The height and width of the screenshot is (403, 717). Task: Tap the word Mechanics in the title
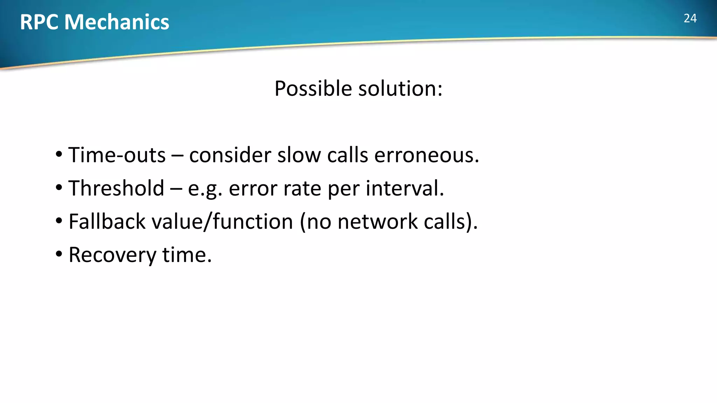pos(117,22)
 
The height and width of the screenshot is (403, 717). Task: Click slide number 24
pos(690,18)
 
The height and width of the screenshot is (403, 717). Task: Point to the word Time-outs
pos(117,155)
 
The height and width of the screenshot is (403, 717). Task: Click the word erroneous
pos(426,155)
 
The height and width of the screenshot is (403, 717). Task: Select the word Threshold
pos(116,188)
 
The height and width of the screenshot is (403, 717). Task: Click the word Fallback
pos(107,221)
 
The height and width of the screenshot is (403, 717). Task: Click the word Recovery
pos(112,255)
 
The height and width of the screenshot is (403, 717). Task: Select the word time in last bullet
pos(187,255)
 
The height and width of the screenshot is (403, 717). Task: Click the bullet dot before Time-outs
pos(59,154)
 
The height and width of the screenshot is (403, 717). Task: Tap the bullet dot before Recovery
pos(59,254)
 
